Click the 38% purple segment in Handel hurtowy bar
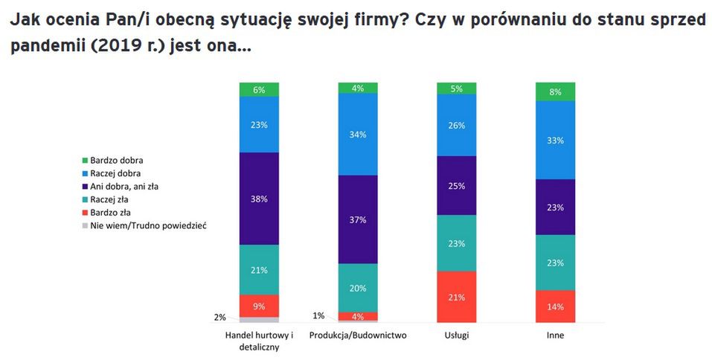(259, 199)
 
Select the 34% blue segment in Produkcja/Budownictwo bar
(358, 135)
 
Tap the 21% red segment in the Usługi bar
(456, 297)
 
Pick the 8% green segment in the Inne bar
(555, 91)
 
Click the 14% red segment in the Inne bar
(555, 306)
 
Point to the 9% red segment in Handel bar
(259, 305)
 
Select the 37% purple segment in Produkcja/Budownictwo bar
(358, 219)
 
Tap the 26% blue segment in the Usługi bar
(456, 125)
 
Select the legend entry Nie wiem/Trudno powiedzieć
(146, 226)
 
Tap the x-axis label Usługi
(456, 335)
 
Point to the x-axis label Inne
(555, 335)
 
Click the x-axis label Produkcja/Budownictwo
(358, 335)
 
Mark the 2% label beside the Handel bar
(219, 317)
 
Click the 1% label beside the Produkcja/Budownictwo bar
(318, 315)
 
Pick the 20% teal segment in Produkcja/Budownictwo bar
(358, 288)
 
